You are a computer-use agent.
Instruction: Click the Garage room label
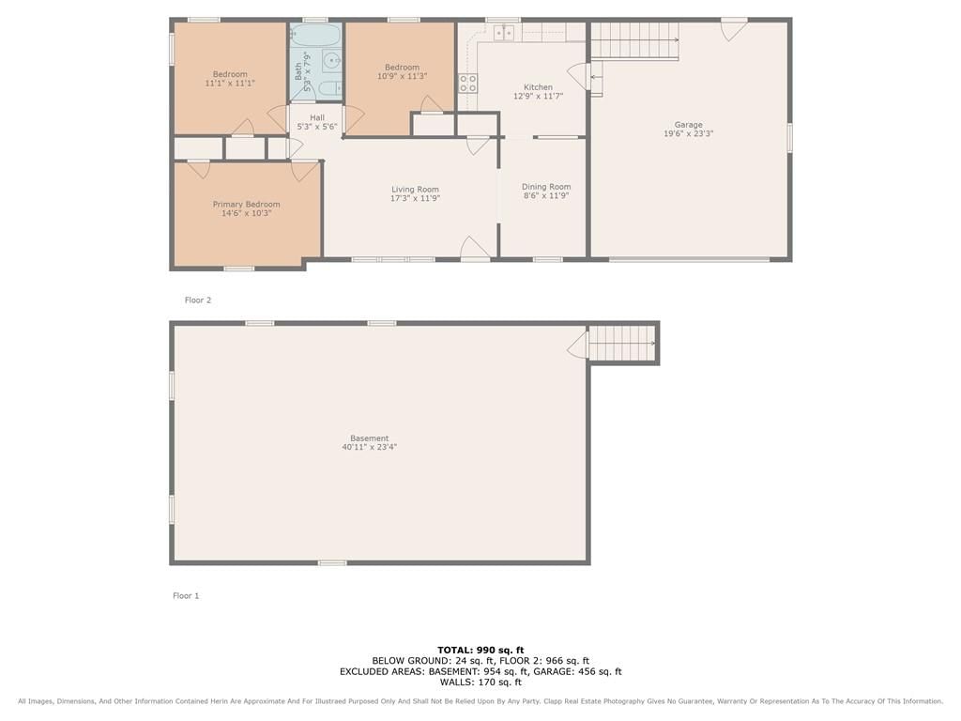688,125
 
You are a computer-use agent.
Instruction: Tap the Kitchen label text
538,87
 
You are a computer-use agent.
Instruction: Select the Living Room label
415,190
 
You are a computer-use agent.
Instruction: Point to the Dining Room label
546,187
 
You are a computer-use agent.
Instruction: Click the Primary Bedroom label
247,204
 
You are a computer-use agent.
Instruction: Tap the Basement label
370,438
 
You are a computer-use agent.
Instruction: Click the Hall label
317,117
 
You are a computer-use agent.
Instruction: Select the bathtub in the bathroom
315,37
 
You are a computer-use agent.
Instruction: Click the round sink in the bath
331,60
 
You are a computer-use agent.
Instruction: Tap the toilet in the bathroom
329,88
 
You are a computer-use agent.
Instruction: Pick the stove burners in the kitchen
467,84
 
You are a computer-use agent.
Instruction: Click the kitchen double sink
504,32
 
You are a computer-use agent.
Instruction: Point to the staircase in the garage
634,41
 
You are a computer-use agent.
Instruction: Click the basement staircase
621,344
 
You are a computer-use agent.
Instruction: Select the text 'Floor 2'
198,299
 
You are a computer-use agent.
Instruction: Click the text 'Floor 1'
186,595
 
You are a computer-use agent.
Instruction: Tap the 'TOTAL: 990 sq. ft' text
480,650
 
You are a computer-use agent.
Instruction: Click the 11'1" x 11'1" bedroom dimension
230,83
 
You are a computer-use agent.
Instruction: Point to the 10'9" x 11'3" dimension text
402,76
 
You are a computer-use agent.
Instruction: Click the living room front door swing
474,248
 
